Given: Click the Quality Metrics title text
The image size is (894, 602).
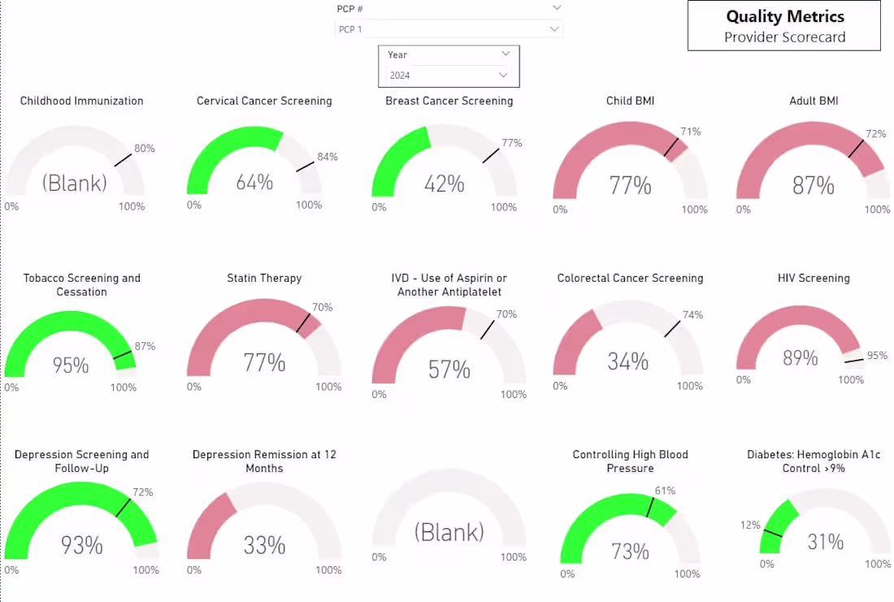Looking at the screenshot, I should click(x=784, y=17).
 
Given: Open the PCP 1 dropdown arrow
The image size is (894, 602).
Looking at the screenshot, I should click(x=554, y=29).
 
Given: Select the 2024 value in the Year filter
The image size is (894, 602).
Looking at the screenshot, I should click(x=400, y=76).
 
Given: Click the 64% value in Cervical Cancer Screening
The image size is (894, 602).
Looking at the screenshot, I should click(x=254, y=183).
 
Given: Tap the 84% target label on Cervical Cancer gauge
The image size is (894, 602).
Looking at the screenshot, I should click(x=328, y=157).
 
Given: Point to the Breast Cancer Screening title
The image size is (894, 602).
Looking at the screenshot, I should click(x=449, y=101).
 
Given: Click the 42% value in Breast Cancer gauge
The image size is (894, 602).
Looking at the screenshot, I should click(x=444, y=184).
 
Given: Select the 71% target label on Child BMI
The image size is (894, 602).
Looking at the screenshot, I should click(x=691, y=132).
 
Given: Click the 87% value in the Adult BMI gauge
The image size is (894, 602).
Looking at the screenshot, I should click(x=813, y=186).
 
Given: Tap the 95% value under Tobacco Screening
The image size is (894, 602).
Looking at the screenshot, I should click(x=71, y=366).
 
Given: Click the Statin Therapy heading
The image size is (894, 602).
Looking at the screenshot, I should click(x=264, y=278).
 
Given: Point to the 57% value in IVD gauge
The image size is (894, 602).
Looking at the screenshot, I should click(x=449, y=370).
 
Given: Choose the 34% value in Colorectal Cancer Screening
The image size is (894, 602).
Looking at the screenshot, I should click(x=628, y=362).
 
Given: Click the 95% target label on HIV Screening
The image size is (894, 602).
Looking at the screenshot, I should click(x=877, y=356).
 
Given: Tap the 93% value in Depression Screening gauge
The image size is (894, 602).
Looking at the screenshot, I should click(x=81, y=545).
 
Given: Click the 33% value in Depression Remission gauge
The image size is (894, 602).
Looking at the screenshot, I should click(x=264, y=545).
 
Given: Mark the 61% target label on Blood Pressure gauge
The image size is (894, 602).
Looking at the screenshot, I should click(x=665, y=491).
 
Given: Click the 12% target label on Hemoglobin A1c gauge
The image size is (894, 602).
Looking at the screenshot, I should click(x=749, y=526).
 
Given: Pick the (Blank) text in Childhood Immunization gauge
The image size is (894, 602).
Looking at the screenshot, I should click(x=75, y=183).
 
